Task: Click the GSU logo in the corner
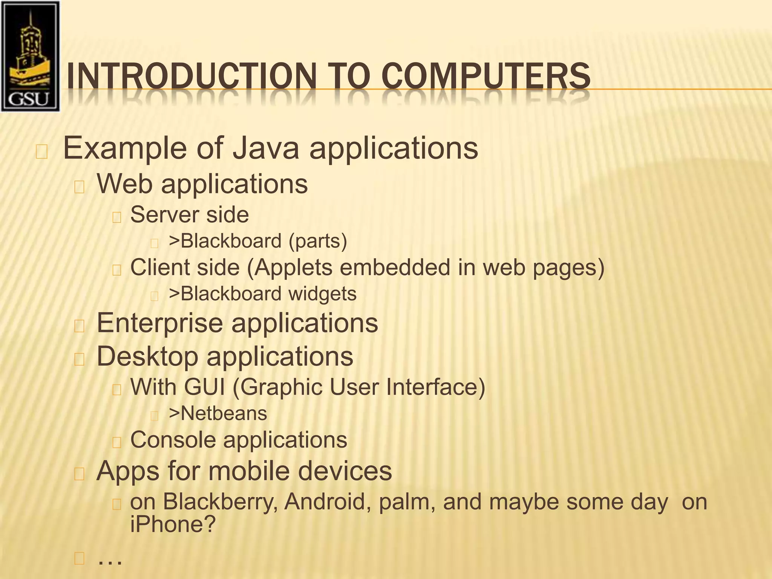pos(30,57)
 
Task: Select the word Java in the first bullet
pos(265,148)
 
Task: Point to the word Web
pos(125,184)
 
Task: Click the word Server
pos(163,215)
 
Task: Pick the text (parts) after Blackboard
pos(317,241)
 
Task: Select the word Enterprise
pos(160,323)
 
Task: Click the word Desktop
pos(147,357)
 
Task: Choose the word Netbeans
pos(224,414)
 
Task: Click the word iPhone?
pos(173,524)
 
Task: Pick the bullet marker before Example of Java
pos(41,152)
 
